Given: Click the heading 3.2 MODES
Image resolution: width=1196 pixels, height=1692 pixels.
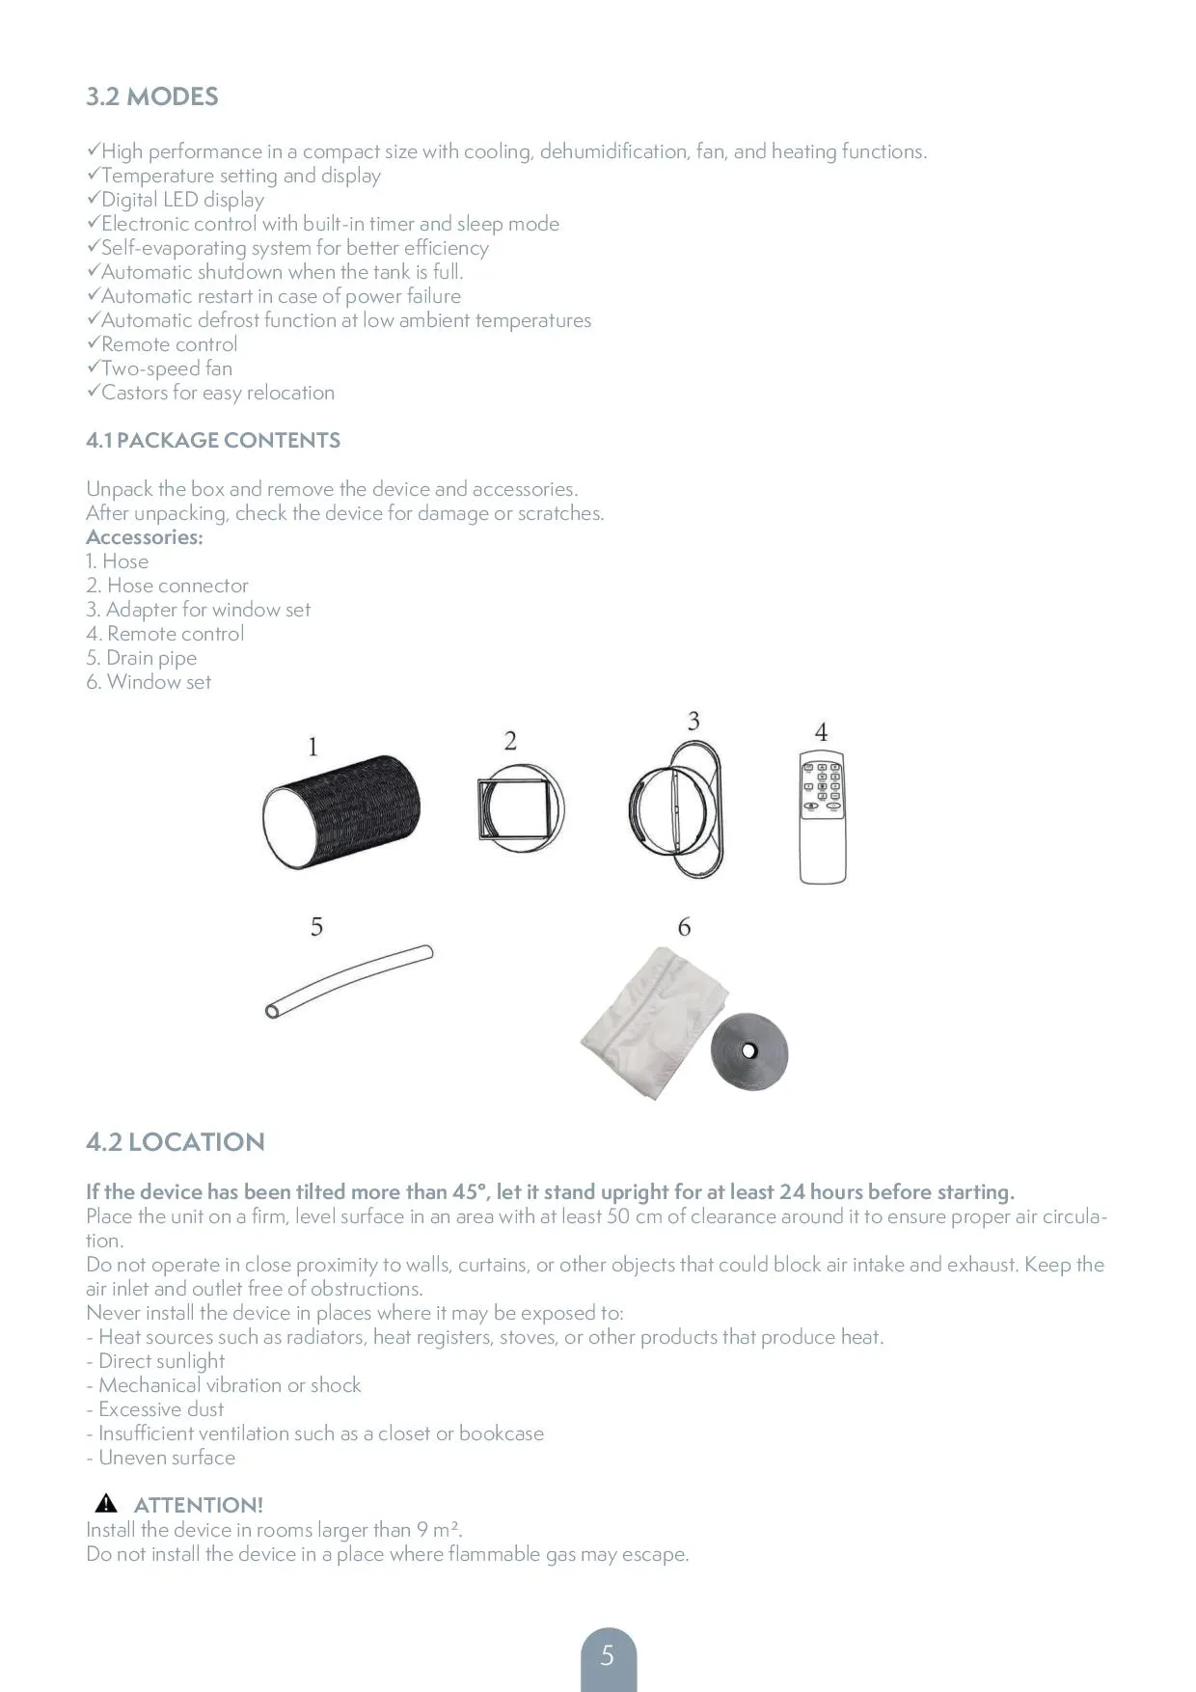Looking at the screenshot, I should [152, 96].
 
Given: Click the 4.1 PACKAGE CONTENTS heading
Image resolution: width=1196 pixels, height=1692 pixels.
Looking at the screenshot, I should [213, 440].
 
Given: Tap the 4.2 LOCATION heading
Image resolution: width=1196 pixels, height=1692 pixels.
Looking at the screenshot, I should [175, 1141].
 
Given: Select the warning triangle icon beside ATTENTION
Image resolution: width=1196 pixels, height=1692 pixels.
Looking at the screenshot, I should [106, 1503].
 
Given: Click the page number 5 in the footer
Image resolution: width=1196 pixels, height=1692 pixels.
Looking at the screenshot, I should [608, 1656].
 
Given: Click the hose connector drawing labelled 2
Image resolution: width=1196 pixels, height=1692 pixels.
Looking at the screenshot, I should [520, 808].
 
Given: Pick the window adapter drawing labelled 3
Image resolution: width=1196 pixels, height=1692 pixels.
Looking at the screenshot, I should [675, 808].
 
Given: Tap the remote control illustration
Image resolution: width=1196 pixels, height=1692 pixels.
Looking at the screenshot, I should [822, 816].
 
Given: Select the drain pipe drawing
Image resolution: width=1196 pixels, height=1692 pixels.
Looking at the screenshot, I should [349, 980].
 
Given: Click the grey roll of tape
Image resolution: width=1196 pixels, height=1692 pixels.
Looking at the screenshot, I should [749, 1051].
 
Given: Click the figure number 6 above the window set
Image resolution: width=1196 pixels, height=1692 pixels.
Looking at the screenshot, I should [684, 927].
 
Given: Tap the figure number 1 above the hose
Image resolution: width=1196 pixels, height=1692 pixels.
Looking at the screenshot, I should [313, 747].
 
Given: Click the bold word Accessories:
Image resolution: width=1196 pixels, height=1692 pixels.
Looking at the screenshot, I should [145, 537].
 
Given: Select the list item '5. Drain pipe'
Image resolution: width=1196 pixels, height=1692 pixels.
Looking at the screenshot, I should [142, 658].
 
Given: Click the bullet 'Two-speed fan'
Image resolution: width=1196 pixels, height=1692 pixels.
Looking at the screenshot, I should [166, 368].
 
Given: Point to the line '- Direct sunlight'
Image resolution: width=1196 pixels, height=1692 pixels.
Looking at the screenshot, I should [155, 1361].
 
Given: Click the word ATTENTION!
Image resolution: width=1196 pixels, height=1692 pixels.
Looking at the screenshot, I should [198, 1505].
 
